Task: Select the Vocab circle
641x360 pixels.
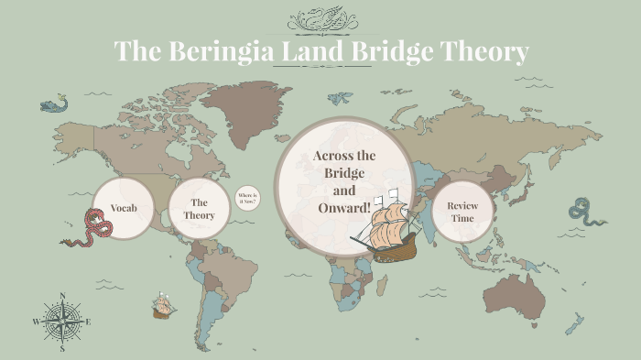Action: click(124, 209)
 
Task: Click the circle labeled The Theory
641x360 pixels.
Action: click(200, 209)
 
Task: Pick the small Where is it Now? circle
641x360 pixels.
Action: click(247, 199)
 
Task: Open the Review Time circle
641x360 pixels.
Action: click(462, 213)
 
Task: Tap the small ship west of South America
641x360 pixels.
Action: click(164, 306)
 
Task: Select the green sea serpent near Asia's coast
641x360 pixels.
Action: click(584, 213)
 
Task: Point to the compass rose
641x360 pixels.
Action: click(62, 322)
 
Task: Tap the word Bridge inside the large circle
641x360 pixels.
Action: click(344, 173)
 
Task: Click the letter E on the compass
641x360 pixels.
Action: click(88, 322)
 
